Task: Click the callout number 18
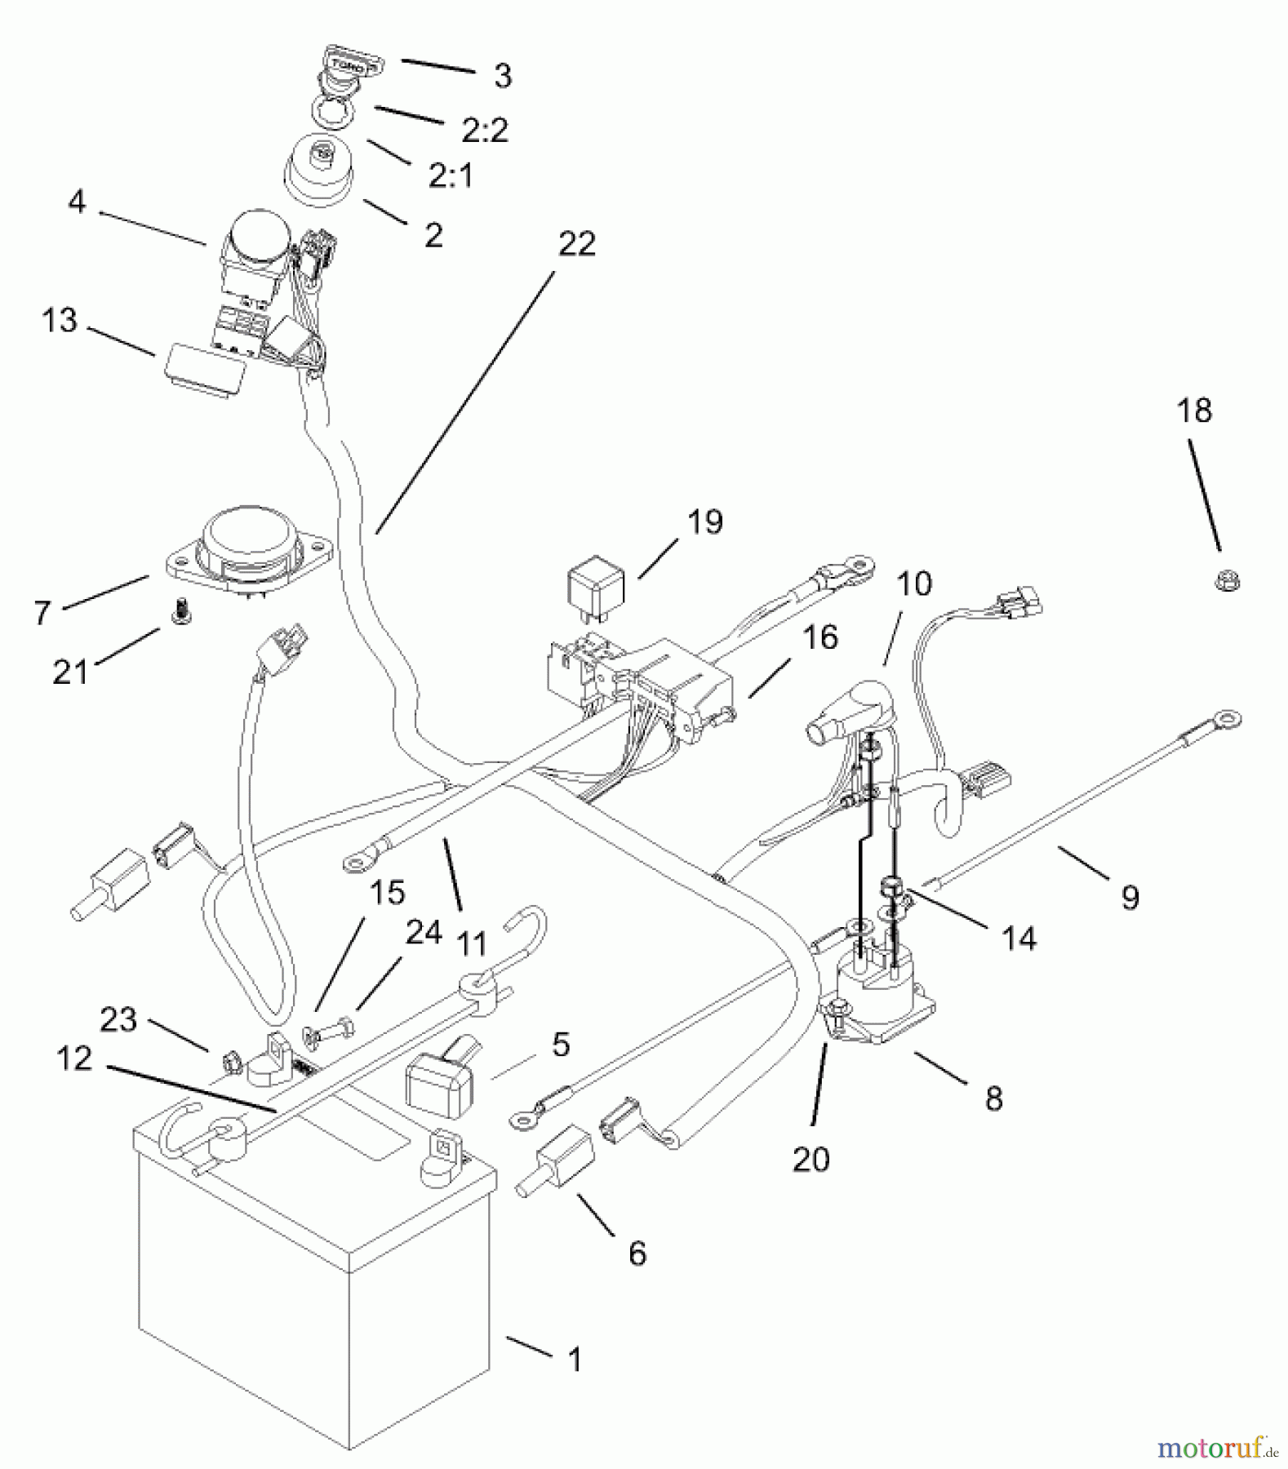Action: pos(1194,411)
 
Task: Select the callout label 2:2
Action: pos(485,131)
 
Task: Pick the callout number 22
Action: pos(576,244)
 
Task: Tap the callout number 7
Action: pos(43,611)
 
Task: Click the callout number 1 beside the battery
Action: pos(575,1359)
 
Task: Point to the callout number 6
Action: pos(637,1253)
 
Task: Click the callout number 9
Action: pos(1130,897)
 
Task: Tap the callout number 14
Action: pos(1019,939)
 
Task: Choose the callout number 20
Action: pos(811,1159)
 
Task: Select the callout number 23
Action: pos(118,1019)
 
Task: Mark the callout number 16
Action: pos(820,637)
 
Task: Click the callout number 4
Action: pos(77,202)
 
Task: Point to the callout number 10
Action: pos(913,584)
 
